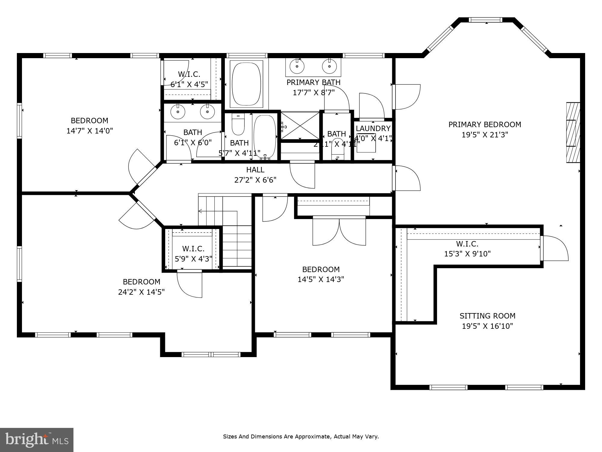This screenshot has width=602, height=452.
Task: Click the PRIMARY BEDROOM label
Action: point(485,124)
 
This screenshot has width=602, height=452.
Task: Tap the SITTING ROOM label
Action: point(487,316)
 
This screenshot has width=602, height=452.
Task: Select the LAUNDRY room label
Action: point(373,128)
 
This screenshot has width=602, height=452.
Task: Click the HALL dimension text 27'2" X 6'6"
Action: point(255,180)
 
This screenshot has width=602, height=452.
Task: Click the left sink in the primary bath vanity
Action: point(297,66)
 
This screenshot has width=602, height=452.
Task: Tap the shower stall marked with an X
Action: point(300,125)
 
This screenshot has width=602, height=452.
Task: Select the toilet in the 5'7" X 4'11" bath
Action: point(238,126)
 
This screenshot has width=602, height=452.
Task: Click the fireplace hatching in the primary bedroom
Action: point(573,133)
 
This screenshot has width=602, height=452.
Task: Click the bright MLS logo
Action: point(37,440)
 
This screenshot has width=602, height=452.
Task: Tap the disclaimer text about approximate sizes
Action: point(301,436)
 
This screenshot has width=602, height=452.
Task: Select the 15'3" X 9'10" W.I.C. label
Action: point(467,249)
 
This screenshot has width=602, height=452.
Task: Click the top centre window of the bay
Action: point(486,20)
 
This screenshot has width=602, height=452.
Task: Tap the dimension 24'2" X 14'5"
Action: point(141,292)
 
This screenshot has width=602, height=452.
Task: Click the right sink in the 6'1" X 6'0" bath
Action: point(207,112)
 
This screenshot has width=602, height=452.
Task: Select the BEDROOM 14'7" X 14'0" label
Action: point(89,126)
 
